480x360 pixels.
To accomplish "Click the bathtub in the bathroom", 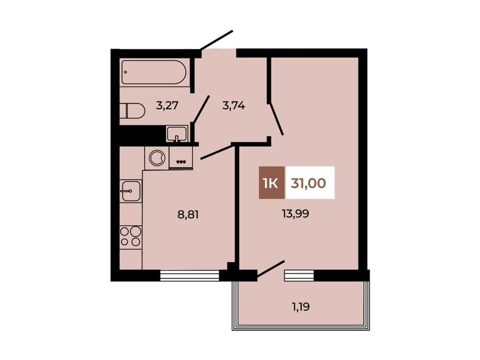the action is [x=154, y=72].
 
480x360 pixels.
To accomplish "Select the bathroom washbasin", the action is [x=177, y=134].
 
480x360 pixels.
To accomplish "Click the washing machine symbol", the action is [x=157, y=158].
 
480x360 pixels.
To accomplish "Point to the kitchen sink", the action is [x=131, y=191].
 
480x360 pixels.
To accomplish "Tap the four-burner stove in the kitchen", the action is [x=131, y=237].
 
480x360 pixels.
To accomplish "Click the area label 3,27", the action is [x=167, y=106].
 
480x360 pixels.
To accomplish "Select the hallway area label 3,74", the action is [x=234, y=106].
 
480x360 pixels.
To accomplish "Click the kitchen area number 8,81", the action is [x=188, y=215].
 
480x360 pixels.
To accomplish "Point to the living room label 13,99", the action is [x=296, y=214].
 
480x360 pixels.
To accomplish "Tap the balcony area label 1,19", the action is [x=300, y=306].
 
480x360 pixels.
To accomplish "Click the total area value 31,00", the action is [x=308, y=183].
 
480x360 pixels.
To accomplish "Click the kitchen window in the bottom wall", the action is [x=190, y=275].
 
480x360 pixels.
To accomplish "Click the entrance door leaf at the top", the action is [x=216, y=40].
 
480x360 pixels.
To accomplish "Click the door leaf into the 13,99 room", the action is [x=276, y=118].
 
